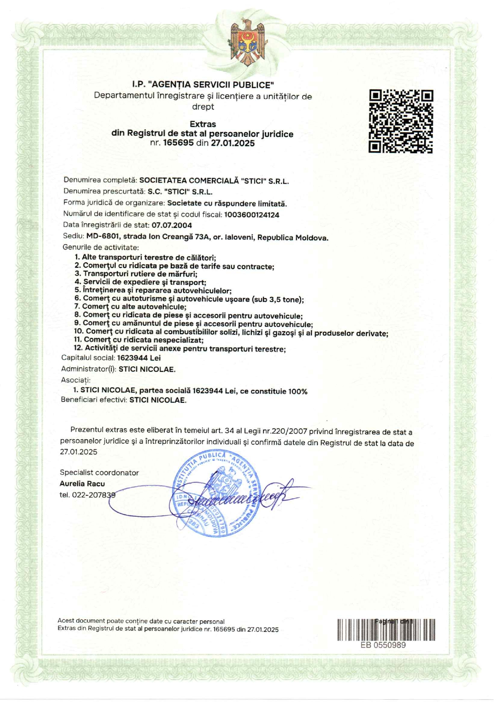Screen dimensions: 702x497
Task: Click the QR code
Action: click(401, 121)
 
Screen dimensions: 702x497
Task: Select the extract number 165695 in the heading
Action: click(178, 143)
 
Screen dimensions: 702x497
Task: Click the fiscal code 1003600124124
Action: click(252, 215)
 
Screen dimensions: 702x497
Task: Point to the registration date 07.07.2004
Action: click(172, 225)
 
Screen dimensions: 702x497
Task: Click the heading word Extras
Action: click(203, 124)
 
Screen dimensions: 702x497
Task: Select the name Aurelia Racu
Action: click(82, 484)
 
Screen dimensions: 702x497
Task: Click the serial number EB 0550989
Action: click(383, 645)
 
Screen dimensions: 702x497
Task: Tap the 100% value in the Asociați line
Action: click(297, 391)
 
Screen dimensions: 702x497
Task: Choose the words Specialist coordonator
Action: click(99, 473)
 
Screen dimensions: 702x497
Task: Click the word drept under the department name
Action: click(203, 107)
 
